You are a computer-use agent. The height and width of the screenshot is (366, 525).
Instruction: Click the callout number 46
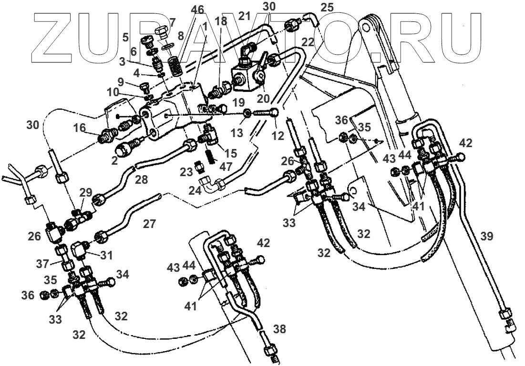point(197,10)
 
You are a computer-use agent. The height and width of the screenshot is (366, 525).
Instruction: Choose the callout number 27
point(149,224)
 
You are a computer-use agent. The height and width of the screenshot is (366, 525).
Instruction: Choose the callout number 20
point(263,98)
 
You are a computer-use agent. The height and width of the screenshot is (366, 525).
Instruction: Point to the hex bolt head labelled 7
point(161,33)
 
